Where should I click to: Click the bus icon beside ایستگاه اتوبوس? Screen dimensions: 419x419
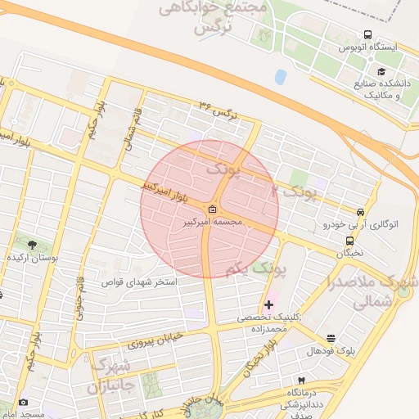pos(367,36)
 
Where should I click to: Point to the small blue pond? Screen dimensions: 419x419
pos(281,77)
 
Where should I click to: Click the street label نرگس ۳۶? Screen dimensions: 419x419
pos(218,110)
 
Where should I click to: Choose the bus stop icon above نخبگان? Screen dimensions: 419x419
pos(350,241)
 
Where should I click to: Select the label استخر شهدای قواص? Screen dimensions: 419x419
pos(139,282)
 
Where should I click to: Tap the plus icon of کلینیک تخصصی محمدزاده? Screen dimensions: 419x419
pos(268,304)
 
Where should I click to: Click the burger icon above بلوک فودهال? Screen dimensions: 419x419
pos(331,338)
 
